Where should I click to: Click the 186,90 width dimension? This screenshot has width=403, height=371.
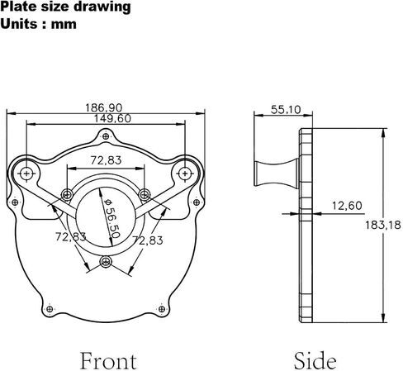[x=103, y=107]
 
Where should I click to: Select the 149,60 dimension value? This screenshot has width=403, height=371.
[x=112, y=118]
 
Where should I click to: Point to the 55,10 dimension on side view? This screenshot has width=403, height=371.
[x=286, y=110]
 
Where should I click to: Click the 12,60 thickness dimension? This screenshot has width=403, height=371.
[x=347, y=206]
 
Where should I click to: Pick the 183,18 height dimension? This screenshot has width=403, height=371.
[x=383, y=225]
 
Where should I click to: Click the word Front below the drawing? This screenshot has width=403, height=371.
[x=108, y=361]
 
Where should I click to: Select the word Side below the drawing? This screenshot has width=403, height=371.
[x=315, y=361]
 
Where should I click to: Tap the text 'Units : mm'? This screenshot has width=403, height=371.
[x=39, y=24]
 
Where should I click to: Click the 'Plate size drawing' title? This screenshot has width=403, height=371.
[x=65, y=7]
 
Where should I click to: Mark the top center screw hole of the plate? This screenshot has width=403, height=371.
[x=106, y=136]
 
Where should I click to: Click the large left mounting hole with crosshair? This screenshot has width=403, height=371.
[x=26, y=174]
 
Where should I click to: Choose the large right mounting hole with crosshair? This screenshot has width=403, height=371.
[x=185, y=174]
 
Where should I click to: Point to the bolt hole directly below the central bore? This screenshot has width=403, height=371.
[x=106, y=262]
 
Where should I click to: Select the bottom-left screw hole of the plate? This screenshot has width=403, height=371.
[x=50, y=309]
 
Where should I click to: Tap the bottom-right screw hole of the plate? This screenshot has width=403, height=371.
[x=162, y=309]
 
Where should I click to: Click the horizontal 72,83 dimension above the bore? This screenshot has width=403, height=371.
[x=106, y=160]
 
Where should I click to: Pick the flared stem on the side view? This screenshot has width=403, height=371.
[x=277, y=174]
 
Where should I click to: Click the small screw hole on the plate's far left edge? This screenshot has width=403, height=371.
[x=15, y=202]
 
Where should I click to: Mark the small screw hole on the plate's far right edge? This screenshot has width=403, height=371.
[x=197, y=202]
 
